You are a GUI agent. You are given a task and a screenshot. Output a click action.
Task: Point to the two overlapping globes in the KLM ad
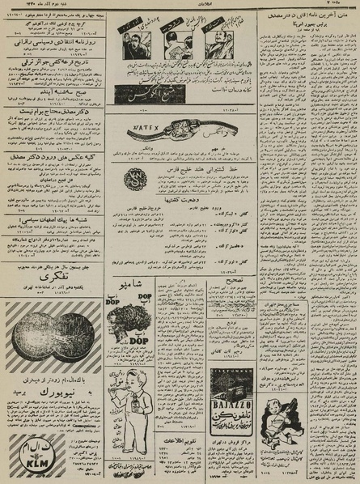pyautogui.click(x=50, y=345)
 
